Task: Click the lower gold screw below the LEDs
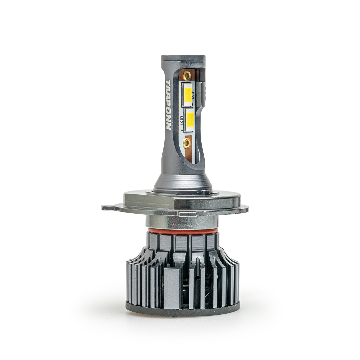pyautogui.click(x=187, y=144)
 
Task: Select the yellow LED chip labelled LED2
pyautogui.click(x=188, y=95)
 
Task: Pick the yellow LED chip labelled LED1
pyautogui.click(x=190, y=120)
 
